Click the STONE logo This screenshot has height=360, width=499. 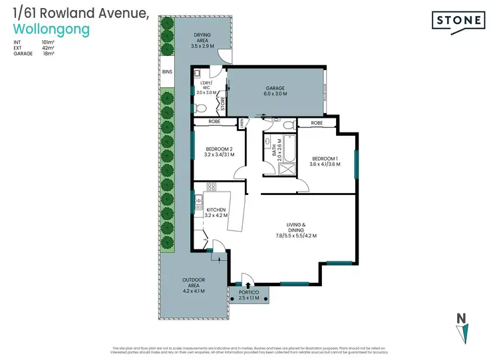[458, 21]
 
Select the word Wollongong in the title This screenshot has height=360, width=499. [51, 30]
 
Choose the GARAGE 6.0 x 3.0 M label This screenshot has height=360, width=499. [275, 91]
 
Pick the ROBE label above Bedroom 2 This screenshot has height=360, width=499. [214, 122]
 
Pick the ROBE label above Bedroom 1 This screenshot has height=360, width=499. [317, 123]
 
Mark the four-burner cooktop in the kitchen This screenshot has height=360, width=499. [212, 187]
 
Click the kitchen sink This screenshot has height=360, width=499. [198, 199]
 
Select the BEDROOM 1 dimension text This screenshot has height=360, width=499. [325, 164]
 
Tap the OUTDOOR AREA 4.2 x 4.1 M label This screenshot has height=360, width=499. [194, 285]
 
